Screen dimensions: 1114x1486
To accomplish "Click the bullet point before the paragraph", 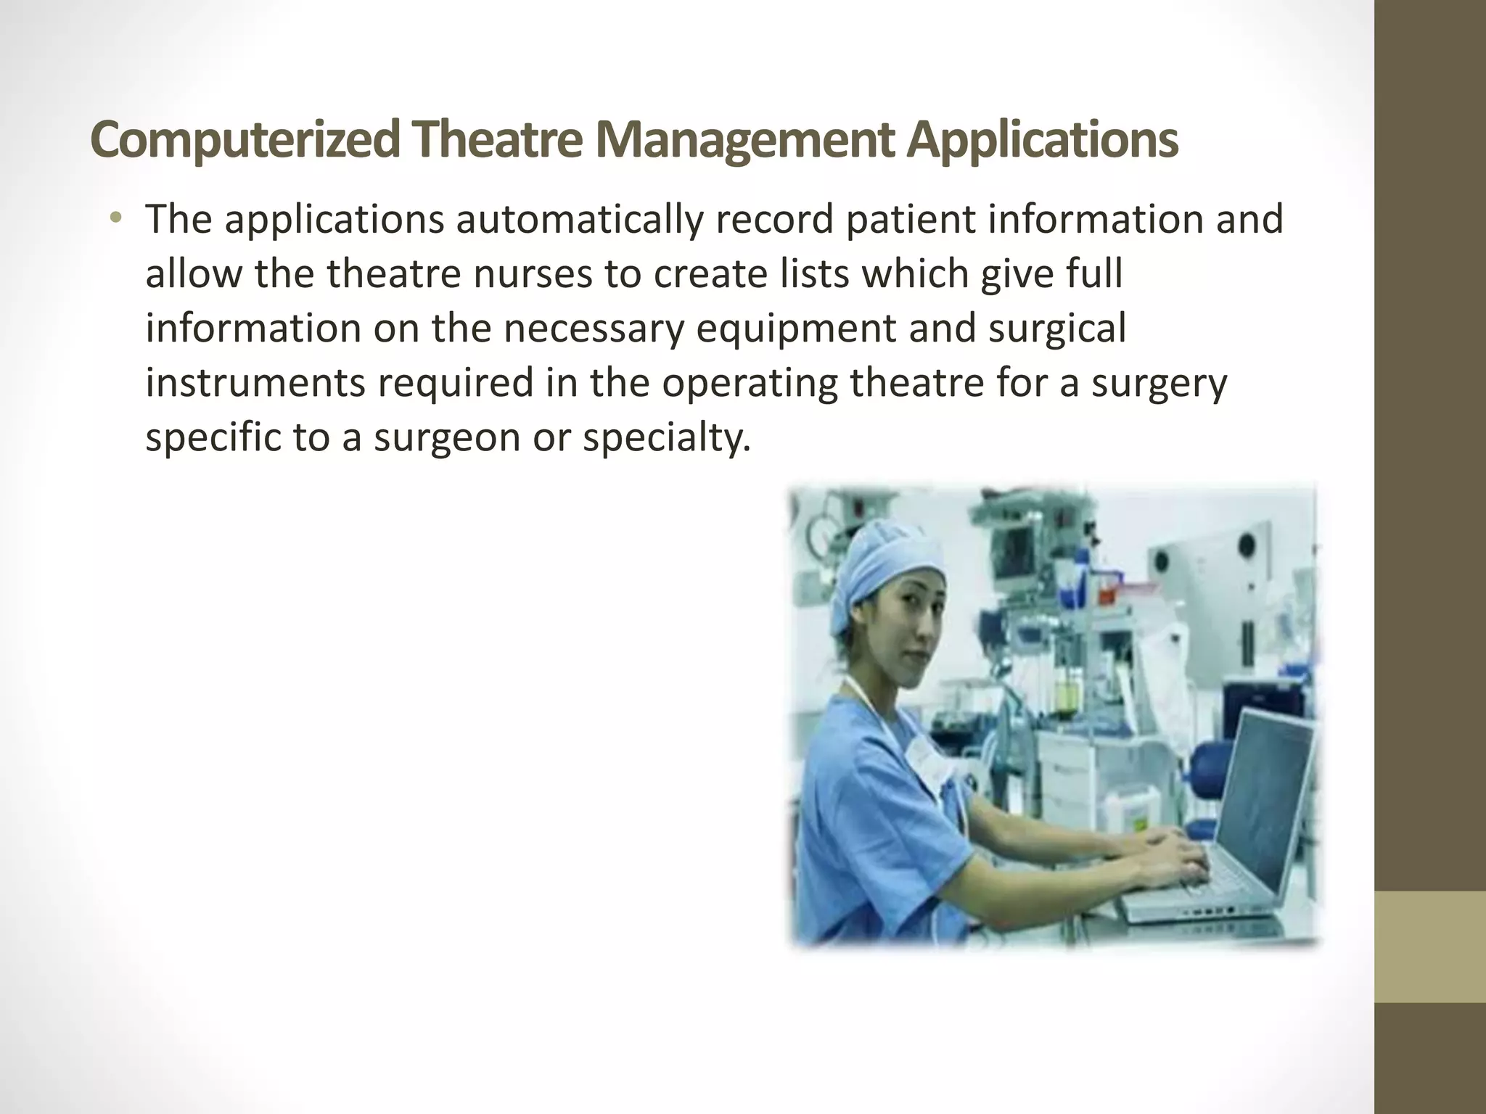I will click(x=115, y=219).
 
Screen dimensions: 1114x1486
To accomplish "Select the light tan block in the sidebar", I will click(x=1430, y=946).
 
